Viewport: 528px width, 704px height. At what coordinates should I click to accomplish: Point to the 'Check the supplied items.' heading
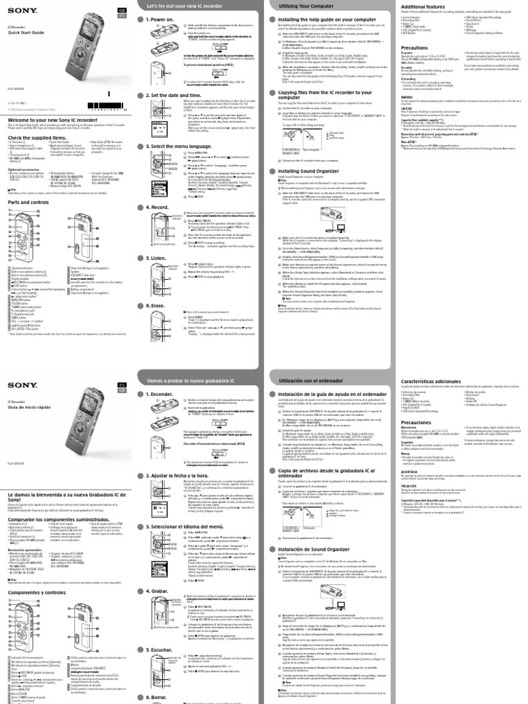click(x=37, y=137)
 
